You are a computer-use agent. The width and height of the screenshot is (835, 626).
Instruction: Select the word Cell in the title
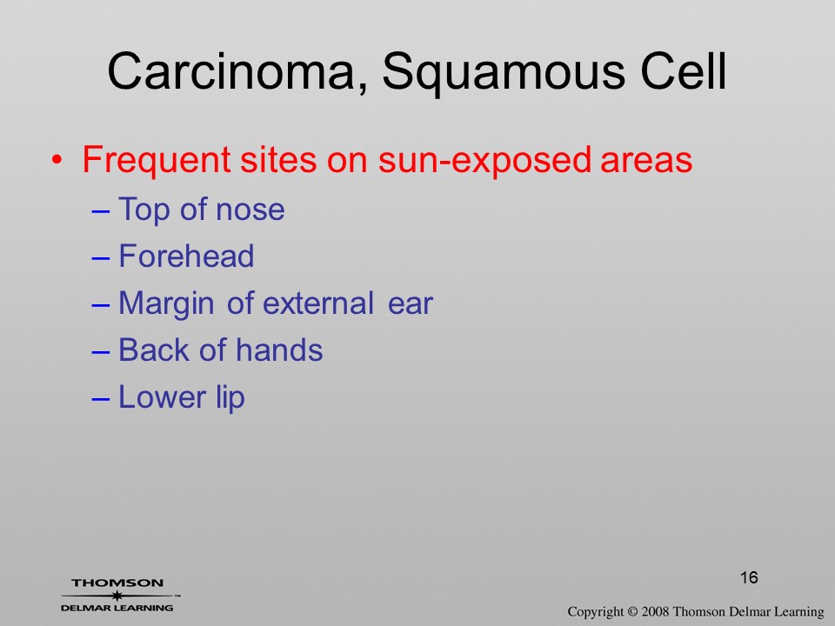tap(684, 71)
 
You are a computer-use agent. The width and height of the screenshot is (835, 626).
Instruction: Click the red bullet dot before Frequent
tap(57, 160)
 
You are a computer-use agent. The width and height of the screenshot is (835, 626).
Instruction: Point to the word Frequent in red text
tap(157, 160)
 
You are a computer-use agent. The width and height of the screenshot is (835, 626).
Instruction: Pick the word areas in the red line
tap(646, 162)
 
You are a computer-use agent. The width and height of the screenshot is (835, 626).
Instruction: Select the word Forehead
tap(186, 256)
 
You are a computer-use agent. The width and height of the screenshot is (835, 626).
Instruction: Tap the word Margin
tap(166, 304)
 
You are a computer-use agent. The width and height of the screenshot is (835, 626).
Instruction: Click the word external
tap(318, 303)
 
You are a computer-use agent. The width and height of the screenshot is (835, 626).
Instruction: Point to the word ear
tap(411, 304)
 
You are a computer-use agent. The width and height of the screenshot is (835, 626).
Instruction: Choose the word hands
tap(279, 350)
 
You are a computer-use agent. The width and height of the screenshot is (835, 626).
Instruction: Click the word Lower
tap(162, 397)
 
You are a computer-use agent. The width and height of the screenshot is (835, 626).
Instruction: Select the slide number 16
tap(749, 577)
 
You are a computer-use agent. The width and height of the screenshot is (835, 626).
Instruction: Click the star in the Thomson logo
tap(117, 596)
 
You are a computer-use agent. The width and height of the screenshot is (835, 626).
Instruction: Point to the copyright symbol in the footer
tap(631, 612)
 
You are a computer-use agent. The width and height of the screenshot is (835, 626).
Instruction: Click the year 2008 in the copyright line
tap(655, 612)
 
